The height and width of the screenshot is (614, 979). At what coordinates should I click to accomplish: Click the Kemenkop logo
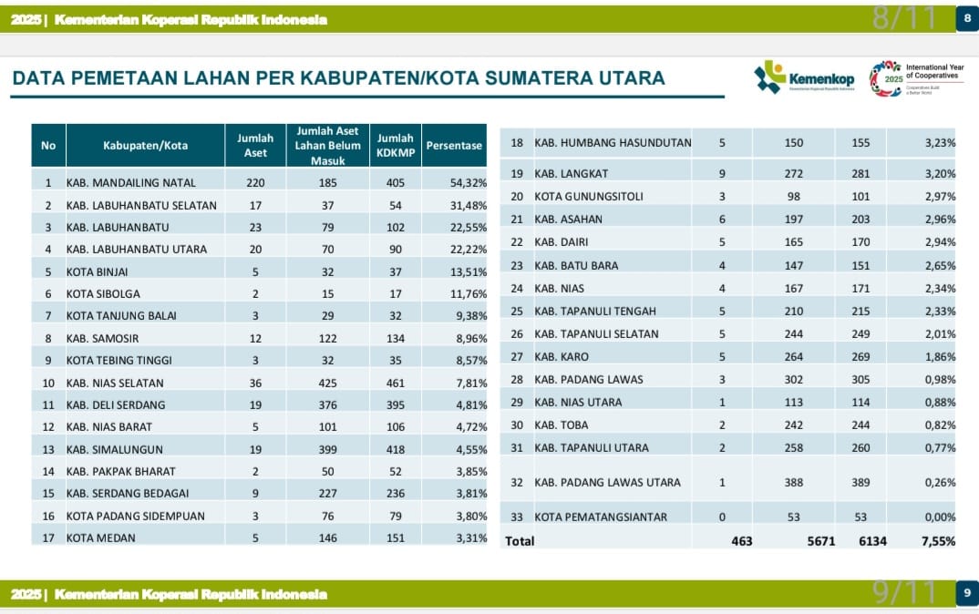click(804, 78)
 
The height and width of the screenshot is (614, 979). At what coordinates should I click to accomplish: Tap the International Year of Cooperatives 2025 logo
click(916, 79)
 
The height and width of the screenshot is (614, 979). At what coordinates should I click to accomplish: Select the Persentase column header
click(454, 146)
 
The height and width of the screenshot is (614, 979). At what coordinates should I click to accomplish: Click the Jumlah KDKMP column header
click(396, 146)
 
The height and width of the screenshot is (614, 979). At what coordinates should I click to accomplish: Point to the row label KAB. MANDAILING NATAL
click(131, 183)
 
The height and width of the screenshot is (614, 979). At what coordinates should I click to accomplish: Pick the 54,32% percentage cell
click(469, 183)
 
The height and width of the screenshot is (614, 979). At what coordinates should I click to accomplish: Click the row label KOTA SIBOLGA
click(103, 294)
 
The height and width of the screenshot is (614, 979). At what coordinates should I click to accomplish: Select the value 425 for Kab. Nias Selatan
click(326, 383)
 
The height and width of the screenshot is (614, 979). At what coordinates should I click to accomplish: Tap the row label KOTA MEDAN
click(101, 537)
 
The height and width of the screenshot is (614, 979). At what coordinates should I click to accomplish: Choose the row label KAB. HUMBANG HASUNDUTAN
click(613, 143)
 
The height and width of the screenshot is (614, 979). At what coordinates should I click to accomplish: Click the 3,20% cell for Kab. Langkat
click(940, 173)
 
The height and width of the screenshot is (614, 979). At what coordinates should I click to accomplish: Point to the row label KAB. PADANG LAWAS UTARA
click(607, 483)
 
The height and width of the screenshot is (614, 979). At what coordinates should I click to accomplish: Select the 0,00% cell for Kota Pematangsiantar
click(940, 517)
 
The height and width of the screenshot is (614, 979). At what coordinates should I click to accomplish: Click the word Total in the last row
click(520, 541)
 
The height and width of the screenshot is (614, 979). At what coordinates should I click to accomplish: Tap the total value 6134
click(872, 541)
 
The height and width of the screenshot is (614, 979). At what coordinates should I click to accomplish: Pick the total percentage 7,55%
click(938, 541)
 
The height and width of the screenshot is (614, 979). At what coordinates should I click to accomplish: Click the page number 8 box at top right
click(966, 19)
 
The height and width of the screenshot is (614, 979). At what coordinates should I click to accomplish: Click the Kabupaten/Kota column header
click(145, 146)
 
